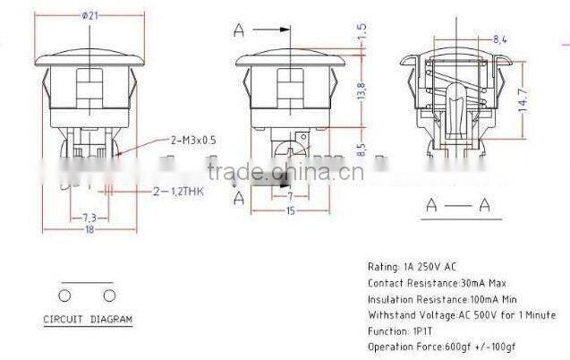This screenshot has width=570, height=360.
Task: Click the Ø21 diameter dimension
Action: [x=89, y=15]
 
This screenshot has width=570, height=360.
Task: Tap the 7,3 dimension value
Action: [x=89, y=218]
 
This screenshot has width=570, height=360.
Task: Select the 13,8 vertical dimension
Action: [x=362, y=90]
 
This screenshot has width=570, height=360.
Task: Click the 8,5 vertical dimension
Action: [x=362, y=145]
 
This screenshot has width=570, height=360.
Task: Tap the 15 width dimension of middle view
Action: [x=291, y=210]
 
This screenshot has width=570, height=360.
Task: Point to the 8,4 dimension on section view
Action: [x=474, y=39]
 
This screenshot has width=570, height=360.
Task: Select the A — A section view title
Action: [x=457, y=206]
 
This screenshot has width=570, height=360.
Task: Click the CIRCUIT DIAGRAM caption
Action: [x=88, y=320]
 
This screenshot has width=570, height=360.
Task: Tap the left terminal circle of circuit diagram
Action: [x=65, y=295]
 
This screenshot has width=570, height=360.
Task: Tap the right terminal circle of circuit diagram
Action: [x=109, y=295]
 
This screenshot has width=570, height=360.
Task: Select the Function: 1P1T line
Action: [x=401, y=330]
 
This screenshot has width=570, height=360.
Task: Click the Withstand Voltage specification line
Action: [x=461, y=315]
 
